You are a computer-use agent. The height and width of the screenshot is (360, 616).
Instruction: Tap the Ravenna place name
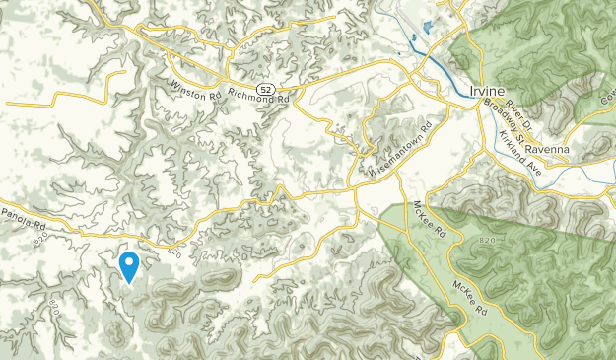point(547,149)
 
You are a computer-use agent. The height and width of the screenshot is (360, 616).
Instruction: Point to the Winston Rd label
point(194,89)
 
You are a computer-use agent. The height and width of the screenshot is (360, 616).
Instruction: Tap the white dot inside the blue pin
point(128,262)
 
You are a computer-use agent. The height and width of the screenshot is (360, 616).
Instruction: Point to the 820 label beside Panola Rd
point(39,239)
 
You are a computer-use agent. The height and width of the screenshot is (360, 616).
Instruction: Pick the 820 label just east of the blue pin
point(174,253)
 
